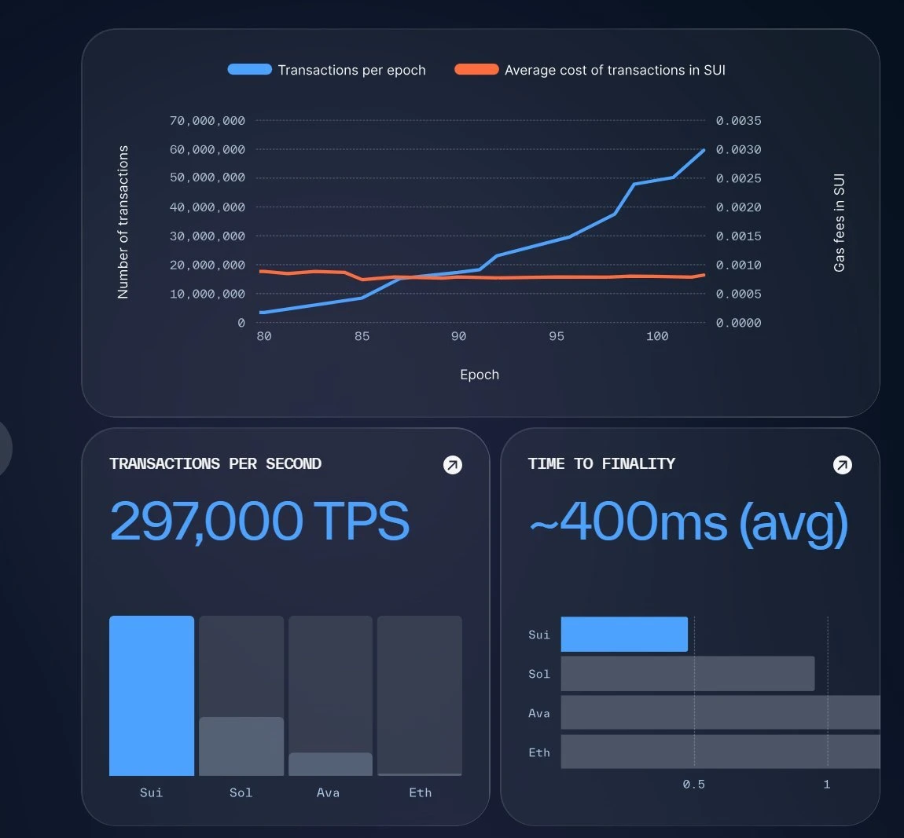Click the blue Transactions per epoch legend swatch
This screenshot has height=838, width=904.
point(249,69)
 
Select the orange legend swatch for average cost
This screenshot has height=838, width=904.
point(476,69)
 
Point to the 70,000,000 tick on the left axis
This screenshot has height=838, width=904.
point(208,121)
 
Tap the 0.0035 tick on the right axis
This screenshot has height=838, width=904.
point(738,121)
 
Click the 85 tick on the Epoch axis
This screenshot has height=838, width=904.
point(362,336)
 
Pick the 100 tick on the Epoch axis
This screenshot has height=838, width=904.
point(657,336)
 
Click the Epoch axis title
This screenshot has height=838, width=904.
point(480,375)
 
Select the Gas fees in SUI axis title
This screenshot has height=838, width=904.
point(840,223)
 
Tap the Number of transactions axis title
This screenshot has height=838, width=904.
point(123,221)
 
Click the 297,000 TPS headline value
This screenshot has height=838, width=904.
point(259,521)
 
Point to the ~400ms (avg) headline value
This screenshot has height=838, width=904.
point(688,522)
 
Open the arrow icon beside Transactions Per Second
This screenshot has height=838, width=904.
point(453,465)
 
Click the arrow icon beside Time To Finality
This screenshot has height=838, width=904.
point(842,465)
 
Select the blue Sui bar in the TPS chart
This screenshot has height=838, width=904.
point(152,696)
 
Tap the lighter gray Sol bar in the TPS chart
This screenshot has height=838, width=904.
point(241,746)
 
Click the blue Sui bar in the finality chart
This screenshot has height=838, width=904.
point(624,635)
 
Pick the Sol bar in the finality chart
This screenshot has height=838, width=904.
point(688,674)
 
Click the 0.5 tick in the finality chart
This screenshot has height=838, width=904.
point(693,784)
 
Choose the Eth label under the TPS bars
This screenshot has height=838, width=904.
point(420,792)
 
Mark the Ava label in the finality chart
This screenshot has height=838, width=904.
point(539,713)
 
